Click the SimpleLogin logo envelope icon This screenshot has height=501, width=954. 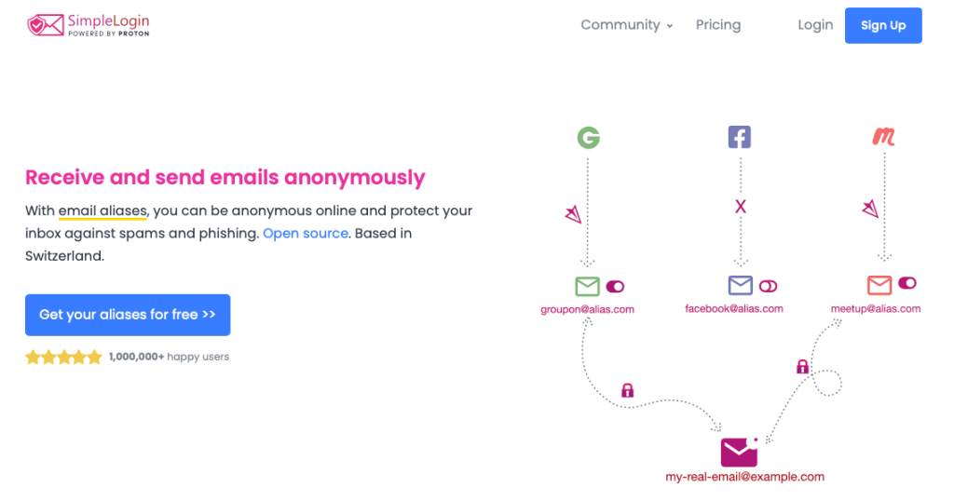(46, 25)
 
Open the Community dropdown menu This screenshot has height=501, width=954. (627, 25)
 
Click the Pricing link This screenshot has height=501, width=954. (718, 25)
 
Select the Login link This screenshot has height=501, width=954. (815, 25)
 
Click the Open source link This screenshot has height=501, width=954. (306, 234)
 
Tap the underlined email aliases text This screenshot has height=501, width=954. (102, 211)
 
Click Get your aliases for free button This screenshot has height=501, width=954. (128, 315)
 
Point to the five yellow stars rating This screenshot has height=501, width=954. (63, 357)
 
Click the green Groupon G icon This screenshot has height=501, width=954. (589, 138)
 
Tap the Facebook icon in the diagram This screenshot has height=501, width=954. (740, 137)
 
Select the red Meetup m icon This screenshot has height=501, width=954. (883, 136)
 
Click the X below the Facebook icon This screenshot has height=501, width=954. (741, 207)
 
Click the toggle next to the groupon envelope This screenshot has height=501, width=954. (615, 287)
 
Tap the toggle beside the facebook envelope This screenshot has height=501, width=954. (768, 286)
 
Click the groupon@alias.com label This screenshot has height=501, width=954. (587, 309)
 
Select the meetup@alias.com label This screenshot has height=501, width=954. (876, 309)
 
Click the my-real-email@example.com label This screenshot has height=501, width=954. (744, 477)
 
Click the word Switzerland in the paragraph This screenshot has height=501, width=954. (64, 256)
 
